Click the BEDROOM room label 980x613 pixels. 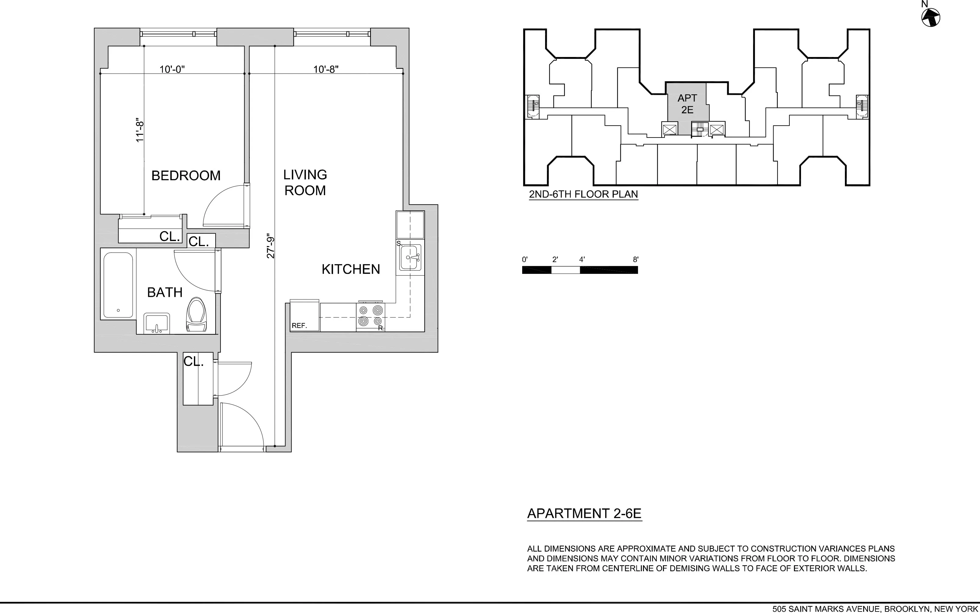click(x=186, y=176)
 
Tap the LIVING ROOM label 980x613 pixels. click(x=305, y=182)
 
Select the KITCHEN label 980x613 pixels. click(x=351, y=269)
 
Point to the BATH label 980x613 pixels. click(x=165, y=292)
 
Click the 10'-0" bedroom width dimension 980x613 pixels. click(x=172, y=69)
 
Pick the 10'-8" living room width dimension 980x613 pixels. click(x=325, y=69)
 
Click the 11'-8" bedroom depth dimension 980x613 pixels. click(x=140, y=131)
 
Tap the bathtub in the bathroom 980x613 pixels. click(x=118, y=285)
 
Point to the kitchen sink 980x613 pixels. click(x=410, y=257)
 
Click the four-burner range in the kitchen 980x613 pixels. click(x=371, y=316)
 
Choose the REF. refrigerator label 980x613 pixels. click(x=299, y=325)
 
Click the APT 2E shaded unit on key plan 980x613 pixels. click(x=687, y=104)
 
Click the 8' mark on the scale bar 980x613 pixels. click(x=636, y=260)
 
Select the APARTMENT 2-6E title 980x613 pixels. click(x=584, y=514)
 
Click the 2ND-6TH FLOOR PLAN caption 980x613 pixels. click(x=583, y=194)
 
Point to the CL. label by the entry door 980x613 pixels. click(x=193, y=361)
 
